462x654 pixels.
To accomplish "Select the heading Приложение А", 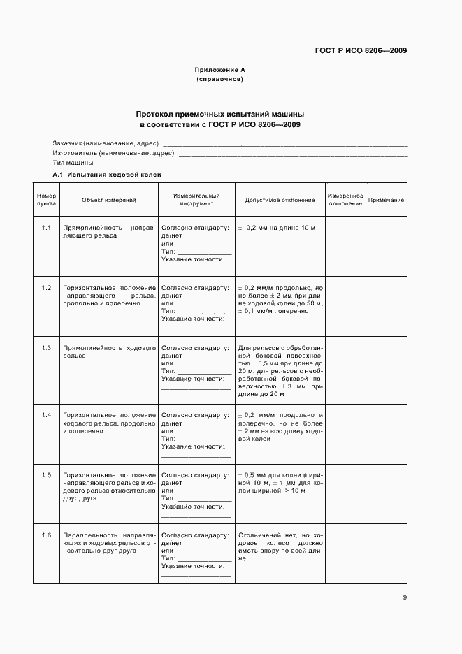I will coord(219,70).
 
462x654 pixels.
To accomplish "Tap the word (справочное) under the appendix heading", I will coord(219,79).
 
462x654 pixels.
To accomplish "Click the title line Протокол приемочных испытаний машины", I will coord(220,113).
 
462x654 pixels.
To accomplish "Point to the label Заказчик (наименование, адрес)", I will coord(106,143).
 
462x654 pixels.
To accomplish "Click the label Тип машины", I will coord(73,162).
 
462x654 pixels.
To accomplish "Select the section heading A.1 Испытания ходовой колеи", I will coord(107,174).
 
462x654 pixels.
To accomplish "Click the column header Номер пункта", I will coord(47,200).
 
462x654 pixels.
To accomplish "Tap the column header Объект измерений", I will coord(108,200).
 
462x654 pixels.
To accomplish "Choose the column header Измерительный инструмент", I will coord(196,200).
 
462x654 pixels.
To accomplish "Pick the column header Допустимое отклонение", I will coord(280,200).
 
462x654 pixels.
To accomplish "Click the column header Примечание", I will coord(386,200).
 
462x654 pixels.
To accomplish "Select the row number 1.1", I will coord(47,228).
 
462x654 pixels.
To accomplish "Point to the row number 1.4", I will coord(47,416).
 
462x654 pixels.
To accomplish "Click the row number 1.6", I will coord(47,535).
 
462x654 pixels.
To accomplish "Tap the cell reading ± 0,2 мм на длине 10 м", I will coord(277,228).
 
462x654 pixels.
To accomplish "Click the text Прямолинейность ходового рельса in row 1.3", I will coord(108,351).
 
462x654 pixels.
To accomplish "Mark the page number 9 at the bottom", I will coord(405,597).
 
